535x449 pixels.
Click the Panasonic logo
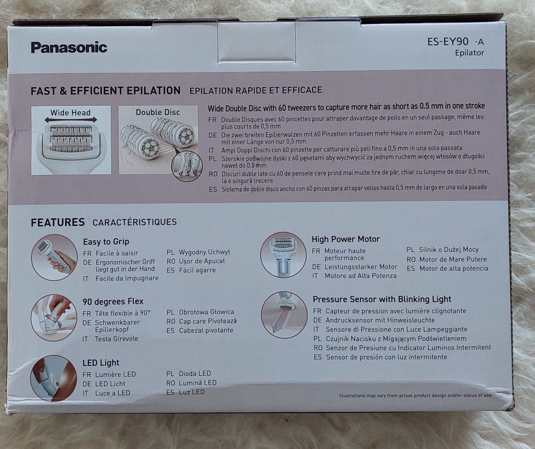pos(69,48)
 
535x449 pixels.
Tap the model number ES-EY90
pos(448,42)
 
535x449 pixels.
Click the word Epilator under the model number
pos(470,53)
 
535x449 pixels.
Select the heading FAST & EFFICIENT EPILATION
pos(106,91)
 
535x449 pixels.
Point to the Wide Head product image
pos(71,140)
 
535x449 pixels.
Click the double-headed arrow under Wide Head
pos(71,120)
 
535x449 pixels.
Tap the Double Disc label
pos(158,112)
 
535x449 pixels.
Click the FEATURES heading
pos(57,222)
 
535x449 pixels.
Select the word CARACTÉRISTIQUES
pos(134,222)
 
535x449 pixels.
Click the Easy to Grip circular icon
pos(54,258)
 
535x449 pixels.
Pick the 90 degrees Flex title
pos(113,301)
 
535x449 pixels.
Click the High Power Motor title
pos(346,239)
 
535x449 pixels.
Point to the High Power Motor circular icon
pos(283,255)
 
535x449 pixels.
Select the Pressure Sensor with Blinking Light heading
pos(382,299)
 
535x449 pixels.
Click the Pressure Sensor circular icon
pos(284,315)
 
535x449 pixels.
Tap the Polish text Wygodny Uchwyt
pos(204,252)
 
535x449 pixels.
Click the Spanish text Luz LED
pos(192,392)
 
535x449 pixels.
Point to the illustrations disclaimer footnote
pos(415,395)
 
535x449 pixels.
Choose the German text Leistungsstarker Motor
pos(361,267)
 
